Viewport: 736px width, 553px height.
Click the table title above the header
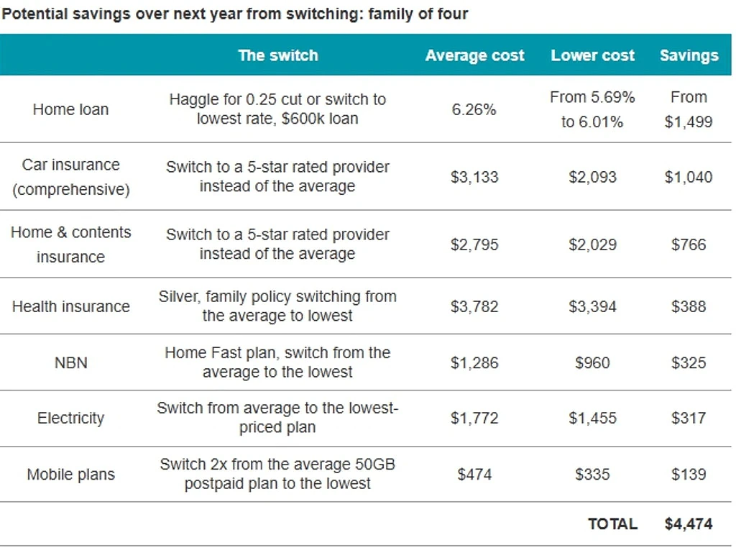coord(235,14)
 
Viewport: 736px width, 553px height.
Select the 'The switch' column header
coord(278,55)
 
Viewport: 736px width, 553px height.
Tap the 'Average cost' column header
coord(474,55)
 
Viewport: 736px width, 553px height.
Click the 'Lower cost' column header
coord(592,55)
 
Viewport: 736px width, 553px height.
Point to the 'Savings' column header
coord(689,56)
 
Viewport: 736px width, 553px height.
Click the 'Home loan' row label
coord(71,109)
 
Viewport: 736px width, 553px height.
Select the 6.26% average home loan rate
coord(474,109)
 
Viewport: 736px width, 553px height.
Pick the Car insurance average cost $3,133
coord(474,177)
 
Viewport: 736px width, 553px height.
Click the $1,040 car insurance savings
coord(689,177)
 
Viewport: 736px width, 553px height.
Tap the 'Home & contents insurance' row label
coord(71,244)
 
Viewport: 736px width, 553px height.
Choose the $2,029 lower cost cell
coord(592,244)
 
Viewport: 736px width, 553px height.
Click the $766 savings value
coord(689,244)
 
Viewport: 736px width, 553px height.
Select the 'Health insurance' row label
coord(71,306)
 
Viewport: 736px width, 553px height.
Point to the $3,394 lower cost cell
coord(592,306)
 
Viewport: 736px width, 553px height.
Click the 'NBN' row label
coord(71,363)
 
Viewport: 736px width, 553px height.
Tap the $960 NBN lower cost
coord(592,363)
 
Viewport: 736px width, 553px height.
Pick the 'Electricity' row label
coord(71,419)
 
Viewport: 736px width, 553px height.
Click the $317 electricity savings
coord(689,418)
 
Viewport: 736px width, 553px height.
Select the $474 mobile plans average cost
coord(474,474)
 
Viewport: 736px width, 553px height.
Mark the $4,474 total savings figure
coord(689,524)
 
